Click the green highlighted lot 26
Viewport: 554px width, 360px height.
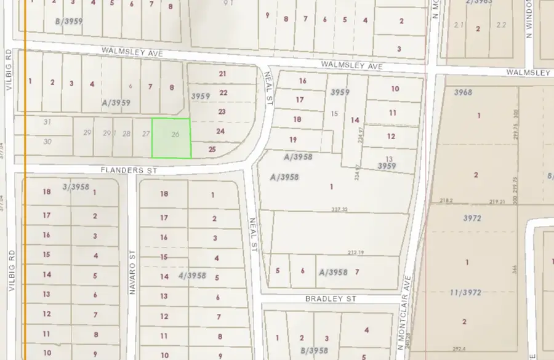point(171,137)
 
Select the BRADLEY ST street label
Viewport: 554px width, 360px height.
point(331,298)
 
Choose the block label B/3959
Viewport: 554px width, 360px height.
point(68,21)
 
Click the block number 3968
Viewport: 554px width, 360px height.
point(462,92)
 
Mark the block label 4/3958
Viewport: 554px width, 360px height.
point(193,275)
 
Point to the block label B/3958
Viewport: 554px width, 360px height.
point(313,351)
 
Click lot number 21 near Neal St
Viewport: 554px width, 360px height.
point(222,74)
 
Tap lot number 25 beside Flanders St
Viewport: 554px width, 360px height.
point(212,149)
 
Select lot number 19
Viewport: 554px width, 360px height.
point(293,139)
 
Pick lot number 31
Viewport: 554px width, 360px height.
point(47,122)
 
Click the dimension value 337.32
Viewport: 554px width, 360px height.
point(339,210)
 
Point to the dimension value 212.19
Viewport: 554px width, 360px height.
point(356,252)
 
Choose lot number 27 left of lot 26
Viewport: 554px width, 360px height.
point(146,134)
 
